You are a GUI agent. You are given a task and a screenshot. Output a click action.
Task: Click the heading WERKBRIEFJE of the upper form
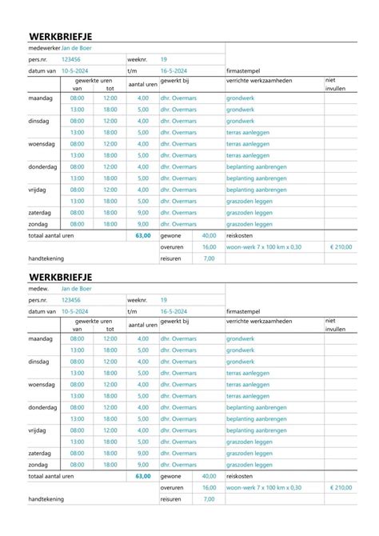62,37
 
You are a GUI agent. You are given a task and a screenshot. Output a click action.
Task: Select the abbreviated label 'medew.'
39,287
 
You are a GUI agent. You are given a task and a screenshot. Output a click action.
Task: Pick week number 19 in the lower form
163,298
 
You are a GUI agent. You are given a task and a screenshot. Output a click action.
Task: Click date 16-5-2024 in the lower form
174,310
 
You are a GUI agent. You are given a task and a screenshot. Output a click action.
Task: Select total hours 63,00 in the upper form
143,236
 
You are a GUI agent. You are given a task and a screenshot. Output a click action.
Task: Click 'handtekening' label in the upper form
46,258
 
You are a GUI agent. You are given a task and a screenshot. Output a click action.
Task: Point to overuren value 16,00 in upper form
209,247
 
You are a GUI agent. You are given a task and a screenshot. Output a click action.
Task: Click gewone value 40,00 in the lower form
209,475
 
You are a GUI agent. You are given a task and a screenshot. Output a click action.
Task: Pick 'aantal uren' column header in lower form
142,324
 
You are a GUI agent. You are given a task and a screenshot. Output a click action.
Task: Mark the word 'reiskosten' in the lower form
241,475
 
